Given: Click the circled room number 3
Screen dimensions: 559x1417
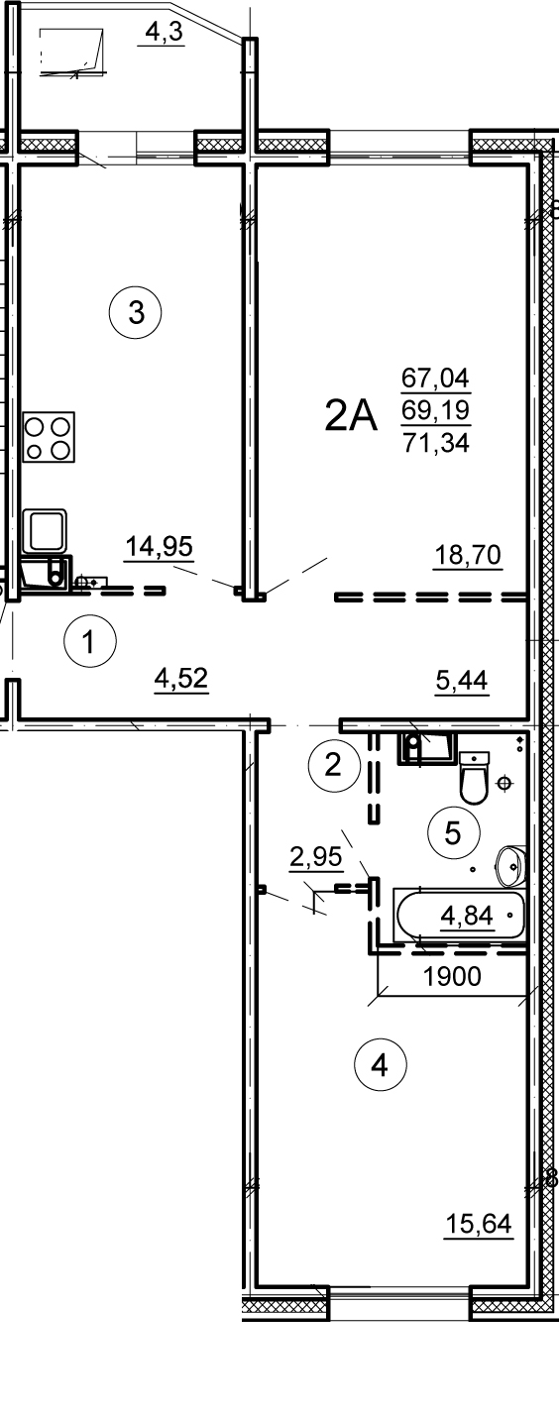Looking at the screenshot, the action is [136, 312].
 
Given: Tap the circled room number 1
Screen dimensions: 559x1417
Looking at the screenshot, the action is [89, 641].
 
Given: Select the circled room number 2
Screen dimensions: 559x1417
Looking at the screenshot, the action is [332, 765].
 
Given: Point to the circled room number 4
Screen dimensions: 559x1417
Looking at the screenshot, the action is [380, 1066].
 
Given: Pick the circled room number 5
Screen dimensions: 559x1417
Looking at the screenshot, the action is [453, 833].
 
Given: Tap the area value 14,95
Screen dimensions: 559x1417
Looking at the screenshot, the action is [159, 546].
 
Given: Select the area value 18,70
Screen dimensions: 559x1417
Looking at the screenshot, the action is [468, 556].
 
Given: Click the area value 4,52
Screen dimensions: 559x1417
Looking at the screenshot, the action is [181, 679].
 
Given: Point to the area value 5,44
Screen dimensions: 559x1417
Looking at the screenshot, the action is [462, 680].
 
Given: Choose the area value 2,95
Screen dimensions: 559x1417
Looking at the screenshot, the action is [316, 857].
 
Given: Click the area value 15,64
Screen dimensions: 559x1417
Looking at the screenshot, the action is [479, 1224].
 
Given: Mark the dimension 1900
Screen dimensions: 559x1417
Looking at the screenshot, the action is [452, 977].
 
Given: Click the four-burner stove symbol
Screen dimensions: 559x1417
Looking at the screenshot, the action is [49, 436].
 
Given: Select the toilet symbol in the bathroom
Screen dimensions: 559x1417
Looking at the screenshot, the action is [474, 778].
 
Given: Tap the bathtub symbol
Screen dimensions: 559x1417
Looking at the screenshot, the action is [460, 915].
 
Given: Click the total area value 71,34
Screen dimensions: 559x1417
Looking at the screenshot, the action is [436, 443].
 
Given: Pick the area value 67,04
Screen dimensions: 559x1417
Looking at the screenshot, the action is [435, 379].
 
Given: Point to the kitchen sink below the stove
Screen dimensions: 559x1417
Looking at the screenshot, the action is [45, 530].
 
